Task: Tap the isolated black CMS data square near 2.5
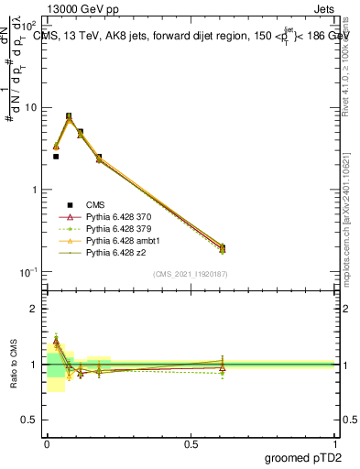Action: pos(56,157)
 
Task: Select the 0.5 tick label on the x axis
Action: pos(192,442)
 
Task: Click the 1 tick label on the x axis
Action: pos(337,442)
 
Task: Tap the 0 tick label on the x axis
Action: pos(48,442)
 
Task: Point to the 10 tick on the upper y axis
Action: pos(30,107)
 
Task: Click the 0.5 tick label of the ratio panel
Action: pos(31,421)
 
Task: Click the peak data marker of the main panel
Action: pos(69,117)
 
